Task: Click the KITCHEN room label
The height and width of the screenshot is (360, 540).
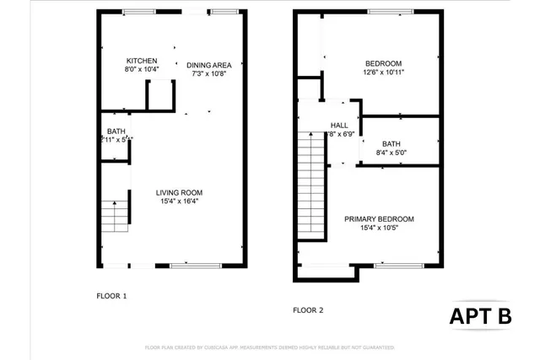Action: click(x=143, y=62)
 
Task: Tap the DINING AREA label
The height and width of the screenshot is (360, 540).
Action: click(x=208, y=64)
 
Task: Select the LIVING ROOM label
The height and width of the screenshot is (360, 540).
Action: click(x=173, y=192)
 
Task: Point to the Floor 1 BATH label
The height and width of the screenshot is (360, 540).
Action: click(x=116, y=132)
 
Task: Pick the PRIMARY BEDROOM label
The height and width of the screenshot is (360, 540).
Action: click(x=379, y=219)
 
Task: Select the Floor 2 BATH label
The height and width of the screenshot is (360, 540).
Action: click(x=391, y=143)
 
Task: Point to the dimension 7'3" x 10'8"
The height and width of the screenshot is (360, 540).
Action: click(x=208, y=73)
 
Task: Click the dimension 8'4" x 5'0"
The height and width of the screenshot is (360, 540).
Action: click(x=391, y=153)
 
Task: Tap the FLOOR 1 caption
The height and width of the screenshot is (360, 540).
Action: click(x=112, y=296)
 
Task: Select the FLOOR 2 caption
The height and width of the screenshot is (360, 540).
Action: click(x=308, y=310)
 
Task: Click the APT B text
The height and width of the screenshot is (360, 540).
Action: click(x=480, y=316)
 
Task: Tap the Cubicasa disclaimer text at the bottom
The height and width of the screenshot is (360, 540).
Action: click(x=270, y=347)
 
